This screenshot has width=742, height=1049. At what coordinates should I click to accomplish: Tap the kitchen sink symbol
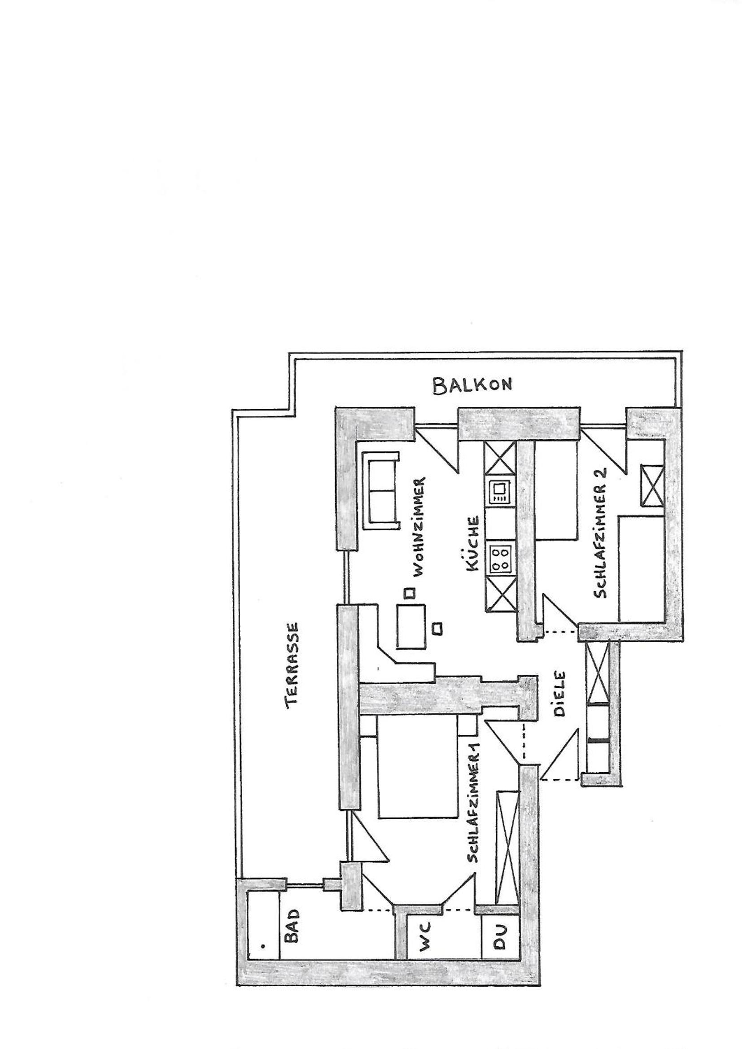pyautogui.click(x=500, y=492)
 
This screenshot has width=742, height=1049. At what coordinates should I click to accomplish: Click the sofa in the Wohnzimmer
pyautogui.click(x=380, y=491)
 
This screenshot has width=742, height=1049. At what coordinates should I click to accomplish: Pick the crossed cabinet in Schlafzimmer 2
pyautogui.click(x=652, y=486)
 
